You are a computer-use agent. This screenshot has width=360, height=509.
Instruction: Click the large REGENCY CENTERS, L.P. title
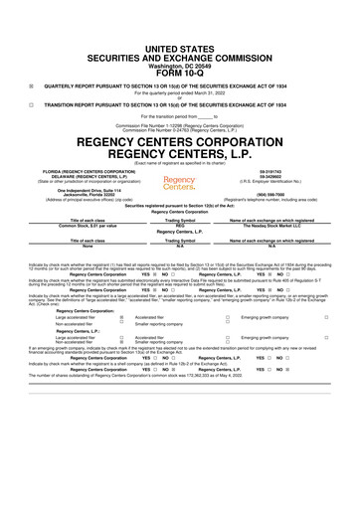click(180, 154)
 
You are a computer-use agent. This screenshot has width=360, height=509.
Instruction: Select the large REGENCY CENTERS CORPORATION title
click(180, 139)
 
